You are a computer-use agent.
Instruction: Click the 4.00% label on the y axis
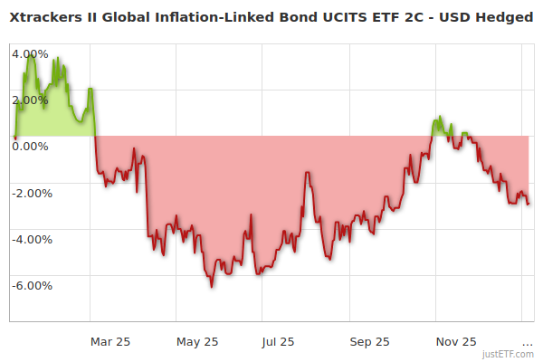(30, 52)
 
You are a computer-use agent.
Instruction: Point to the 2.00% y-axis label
(30, 99)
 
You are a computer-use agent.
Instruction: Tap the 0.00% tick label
(30, 146)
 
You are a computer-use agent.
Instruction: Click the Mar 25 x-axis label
(110, 341)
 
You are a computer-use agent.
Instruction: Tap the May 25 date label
(197, 341)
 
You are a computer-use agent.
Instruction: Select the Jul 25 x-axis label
(277, 341)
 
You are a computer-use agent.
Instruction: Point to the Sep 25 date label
(369, 341)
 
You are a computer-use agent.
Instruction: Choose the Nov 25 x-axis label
(455, 341)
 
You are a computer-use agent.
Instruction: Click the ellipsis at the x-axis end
(527, 341)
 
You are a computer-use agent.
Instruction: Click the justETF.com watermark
(509, 354)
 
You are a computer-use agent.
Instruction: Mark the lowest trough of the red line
(212, 287)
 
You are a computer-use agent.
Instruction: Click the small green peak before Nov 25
(440, 118)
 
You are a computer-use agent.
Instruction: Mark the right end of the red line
(529, 204)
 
